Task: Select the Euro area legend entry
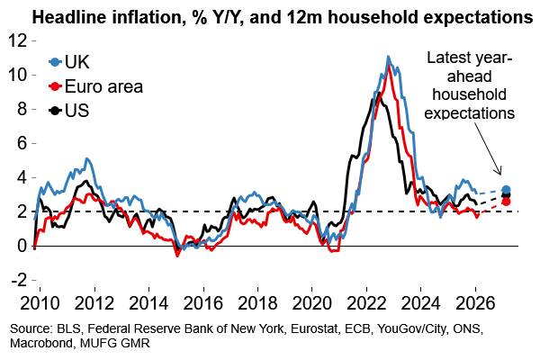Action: coord(99,87)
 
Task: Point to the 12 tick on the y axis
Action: coord(17,41)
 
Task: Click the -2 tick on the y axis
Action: coord(17,279)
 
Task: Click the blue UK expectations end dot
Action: coord(506,190)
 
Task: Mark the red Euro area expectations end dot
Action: coord(506,202)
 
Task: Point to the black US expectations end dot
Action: coord(506,195)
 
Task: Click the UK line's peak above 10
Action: coord(387,58)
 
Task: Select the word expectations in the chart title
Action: coord(473,17)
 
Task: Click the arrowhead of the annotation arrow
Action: coord(500,175)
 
